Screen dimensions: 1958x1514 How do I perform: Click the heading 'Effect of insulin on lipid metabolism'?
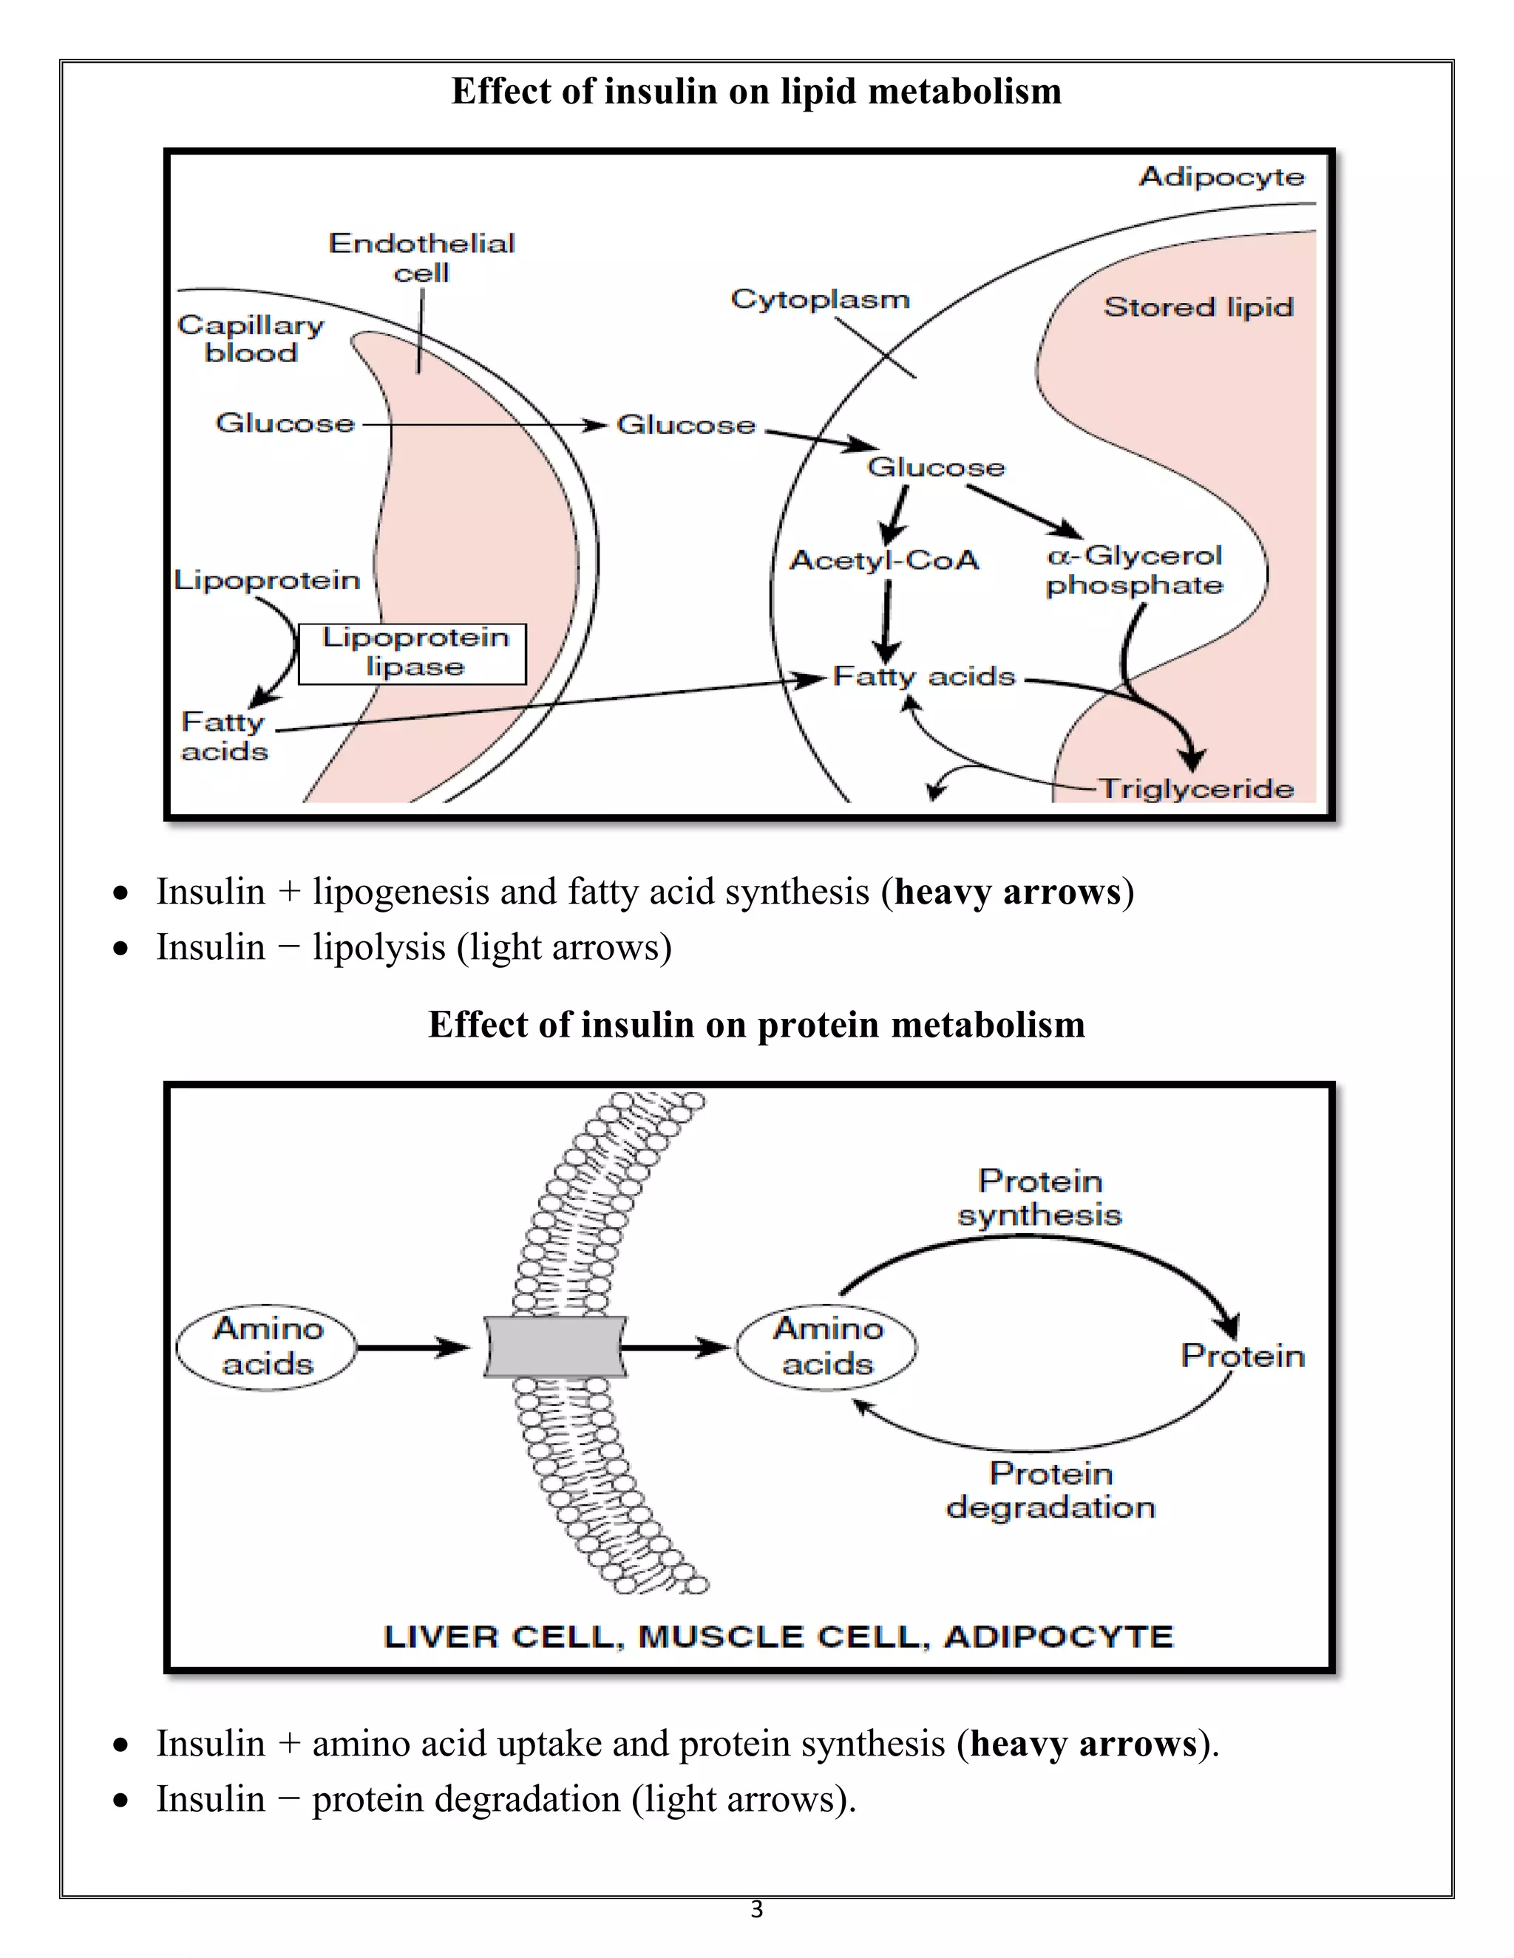[756, 92]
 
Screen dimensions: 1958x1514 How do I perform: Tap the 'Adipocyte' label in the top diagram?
[1221, 177]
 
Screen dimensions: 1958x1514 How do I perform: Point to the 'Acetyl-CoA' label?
[883, 560]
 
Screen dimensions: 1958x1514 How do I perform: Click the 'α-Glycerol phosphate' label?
[1134, 570]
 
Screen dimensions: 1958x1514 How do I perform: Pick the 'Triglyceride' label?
[1197, 789]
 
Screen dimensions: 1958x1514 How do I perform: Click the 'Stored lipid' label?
[1198, 307]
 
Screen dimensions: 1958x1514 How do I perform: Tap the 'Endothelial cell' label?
[421, 257]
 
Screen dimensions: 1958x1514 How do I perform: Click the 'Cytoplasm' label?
[820, 299]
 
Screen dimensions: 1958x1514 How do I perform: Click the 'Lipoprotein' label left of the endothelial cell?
[266, 580]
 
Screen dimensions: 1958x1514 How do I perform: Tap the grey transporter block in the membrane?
[554, 1346]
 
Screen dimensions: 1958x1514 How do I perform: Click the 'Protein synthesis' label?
[1039, 1198]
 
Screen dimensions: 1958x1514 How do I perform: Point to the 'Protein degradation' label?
[1050, 1490]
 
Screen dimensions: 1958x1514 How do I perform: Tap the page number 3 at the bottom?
[756, 1909]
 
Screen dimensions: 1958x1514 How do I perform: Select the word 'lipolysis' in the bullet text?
[378, 948]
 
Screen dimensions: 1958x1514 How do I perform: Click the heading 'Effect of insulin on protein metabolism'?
[756, 1025]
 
